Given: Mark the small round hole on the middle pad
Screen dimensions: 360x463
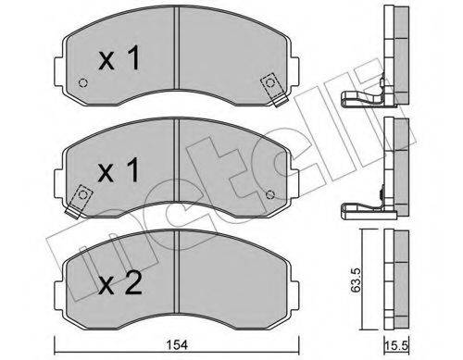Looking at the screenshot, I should (x=269, y=193).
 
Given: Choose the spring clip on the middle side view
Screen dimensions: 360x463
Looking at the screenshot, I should (x=363, y=210).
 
